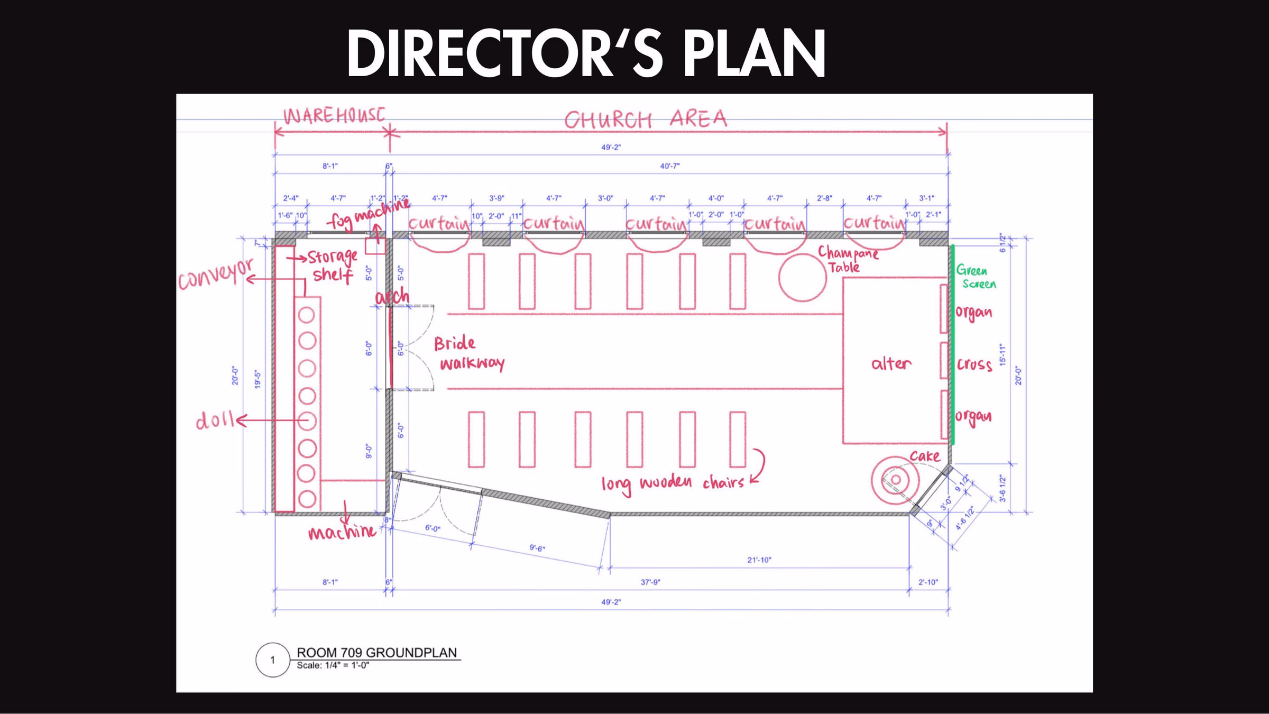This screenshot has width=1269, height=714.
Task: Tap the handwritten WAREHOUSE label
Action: pos(334,116)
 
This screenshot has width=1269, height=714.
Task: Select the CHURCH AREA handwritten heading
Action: pos(646,120)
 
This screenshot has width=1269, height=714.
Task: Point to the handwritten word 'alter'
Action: pos(891,363)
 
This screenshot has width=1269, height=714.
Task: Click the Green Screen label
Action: pos(976,277)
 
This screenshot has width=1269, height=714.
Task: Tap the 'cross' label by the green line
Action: pos(974,364)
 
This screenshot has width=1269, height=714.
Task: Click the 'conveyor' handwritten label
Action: pos(216,274)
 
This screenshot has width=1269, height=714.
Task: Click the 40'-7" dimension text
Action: pos(669,166)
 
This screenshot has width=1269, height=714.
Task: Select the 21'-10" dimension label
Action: pos(759,560)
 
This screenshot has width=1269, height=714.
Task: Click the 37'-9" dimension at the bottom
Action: pos(650,582)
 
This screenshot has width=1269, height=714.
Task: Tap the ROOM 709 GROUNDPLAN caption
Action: pos(376,653)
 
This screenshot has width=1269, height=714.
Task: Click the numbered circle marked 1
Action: pos(272,660)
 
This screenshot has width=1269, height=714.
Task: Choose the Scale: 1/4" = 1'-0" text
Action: pos(333,665)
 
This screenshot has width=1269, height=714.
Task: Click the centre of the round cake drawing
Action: pos(896,480)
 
